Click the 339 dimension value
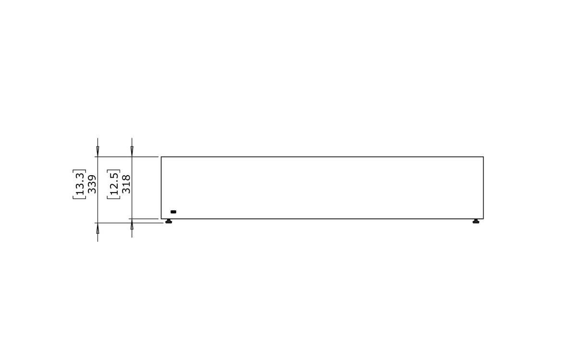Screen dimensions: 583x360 pyautogui.click(x=92, y=184)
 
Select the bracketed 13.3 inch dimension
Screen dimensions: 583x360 pyautogui.click(x=79, y=184)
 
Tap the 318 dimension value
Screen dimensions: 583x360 pyautogui.click(x=126, y=184)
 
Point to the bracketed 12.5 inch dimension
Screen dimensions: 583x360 pyautogui.click(x=113, y=184)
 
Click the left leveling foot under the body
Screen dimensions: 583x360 pyautogui.click(x=169, y=221)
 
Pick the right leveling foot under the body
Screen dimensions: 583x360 pyautogui.click(x=476, y=221)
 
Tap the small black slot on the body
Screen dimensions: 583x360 pyautogui.click(x=173, y=212)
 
